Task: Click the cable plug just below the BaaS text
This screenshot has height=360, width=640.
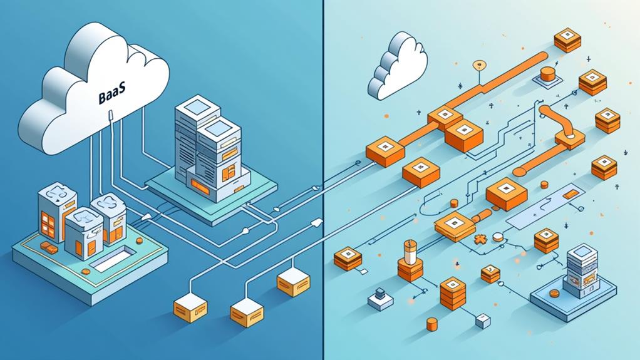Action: [x=110, y=115]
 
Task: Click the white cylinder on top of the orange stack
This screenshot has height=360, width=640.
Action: [x=410, y=252]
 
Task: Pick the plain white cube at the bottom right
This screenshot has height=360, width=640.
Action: [x=482, y=321]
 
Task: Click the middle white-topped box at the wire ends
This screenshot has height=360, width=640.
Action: [x=245, y=307]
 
